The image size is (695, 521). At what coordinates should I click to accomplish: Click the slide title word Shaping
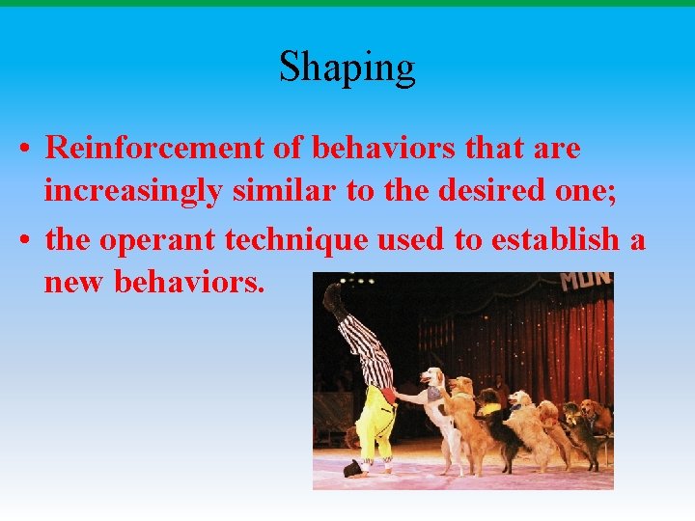coord(347,68)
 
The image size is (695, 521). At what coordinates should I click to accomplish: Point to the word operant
coord(154,239)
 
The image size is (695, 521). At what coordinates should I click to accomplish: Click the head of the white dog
coord(431,376)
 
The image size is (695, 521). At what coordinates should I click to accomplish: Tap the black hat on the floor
coord(351,469)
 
